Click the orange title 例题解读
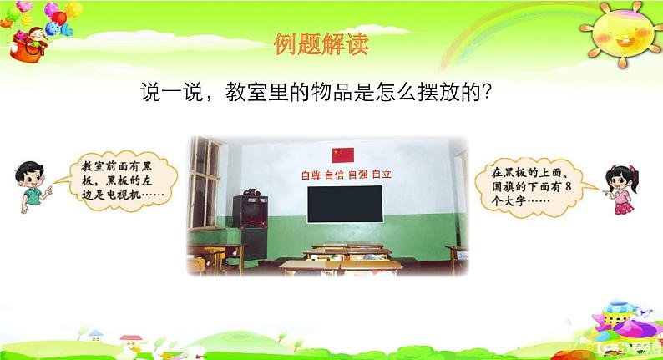321,44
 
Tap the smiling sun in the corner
621,34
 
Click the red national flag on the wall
343,155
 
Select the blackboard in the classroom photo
345,204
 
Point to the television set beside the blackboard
251,210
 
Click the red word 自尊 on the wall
311,175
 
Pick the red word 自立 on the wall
382,174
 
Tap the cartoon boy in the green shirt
32,186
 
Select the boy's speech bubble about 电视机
120,181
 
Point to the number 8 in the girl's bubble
568,186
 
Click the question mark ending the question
486,91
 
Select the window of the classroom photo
205,182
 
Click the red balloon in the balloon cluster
58,18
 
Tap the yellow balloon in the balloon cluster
73,9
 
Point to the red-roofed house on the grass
131,341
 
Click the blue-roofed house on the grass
95,336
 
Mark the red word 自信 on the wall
335,175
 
